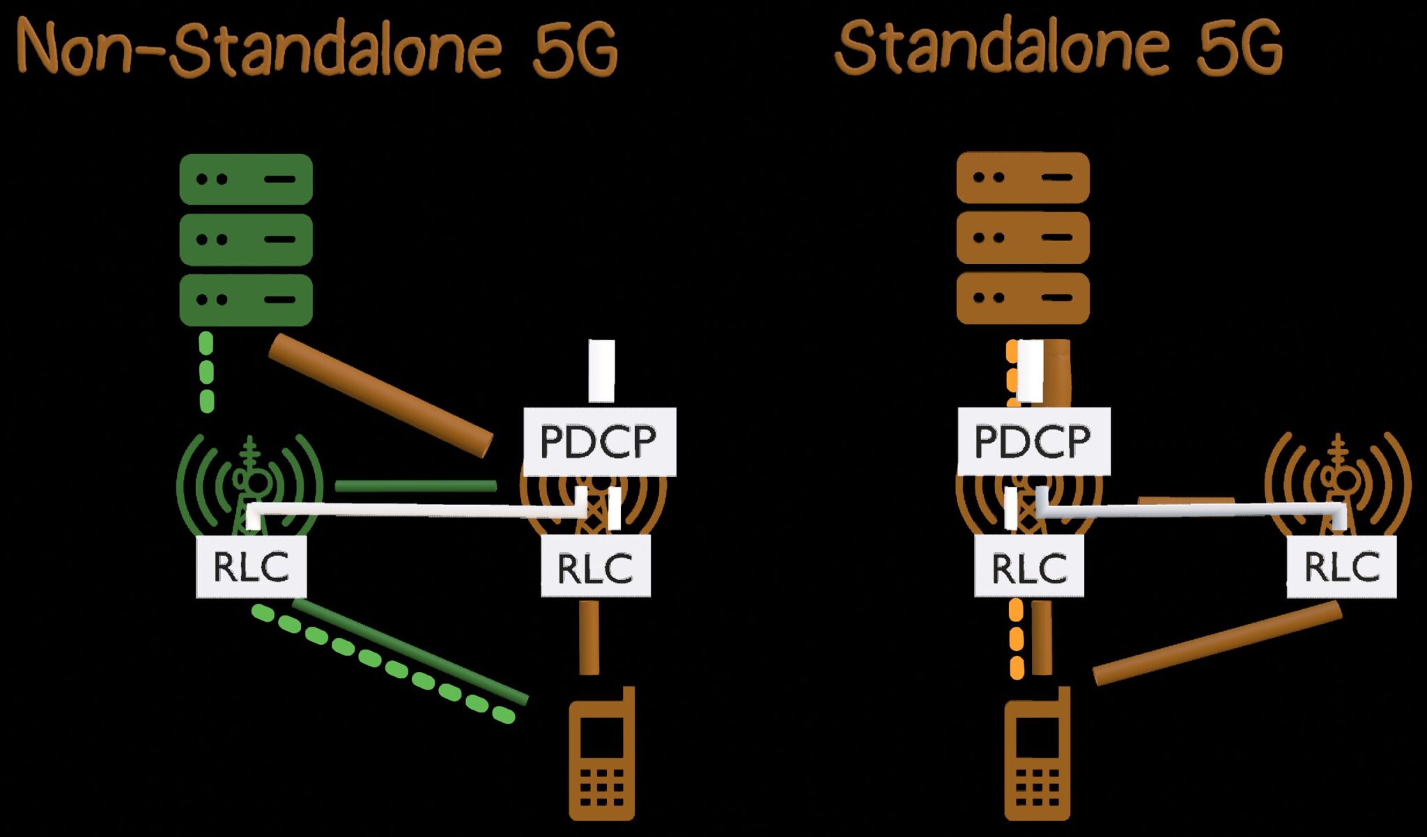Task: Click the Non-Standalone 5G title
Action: pyautogui.click(x=317, y=49)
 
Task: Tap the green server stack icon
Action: pyautogui.click(x=245, y=239)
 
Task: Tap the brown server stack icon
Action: pyautogui.click(x=1022, y=237)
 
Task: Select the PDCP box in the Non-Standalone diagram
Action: pyautogui.click(x=599, y=441)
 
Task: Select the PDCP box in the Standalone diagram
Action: pyautogui.click(x=1033, y=441)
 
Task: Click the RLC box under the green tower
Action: pyautogui.click(x=251, y=566)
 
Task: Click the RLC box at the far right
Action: pyautogui.click(x=1341, y=566)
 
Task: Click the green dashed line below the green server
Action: pyautogui.click(x=206, y=373)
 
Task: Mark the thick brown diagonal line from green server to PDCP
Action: pyautogui.click(x=380, y=394)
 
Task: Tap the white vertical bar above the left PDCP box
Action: pyautogui.click(x=601, y=370)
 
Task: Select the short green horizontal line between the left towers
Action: pyautogui.click(x=415, y=485)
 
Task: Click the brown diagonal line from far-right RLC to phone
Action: pyautogui.click(x=1217, y=643)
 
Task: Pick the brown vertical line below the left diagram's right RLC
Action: pyautogui.click(x=589, y=637)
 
